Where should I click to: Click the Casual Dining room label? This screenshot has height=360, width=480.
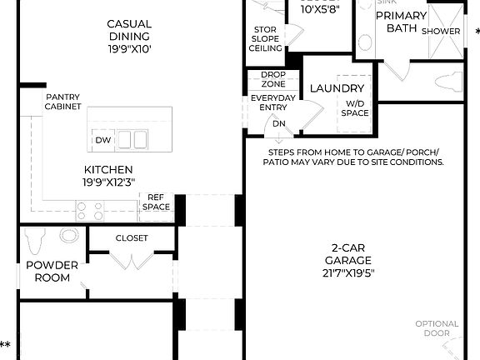(128, 36)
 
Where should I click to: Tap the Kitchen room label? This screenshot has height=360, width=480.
(108, 175)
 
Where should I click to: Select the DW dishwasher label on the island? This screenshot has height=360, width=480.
(102, 140)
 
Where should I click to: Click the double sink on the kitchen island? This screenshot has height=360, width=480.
(132, 139)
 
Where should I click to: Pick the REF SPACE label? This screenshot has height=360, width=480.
(156, 202)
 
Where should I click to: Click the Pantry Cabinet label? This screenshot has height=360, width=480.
(63, 102)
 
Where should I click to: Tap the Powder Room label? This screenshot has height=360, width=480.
(52, 271)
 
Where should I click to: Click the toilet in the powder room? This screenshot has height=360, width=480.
(33, 242)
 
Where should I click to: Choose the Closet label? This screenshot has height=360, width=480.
(132, 237)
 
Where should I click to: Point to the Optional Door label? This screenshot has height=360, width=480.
(437, 327)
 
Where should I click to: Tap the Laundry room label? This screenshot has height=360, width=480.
(336, 88)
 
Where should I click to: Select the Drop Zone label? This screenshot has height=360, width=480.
(272, 78)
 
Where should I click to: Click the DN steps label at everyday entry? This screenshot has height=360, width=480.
(277, 125)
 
